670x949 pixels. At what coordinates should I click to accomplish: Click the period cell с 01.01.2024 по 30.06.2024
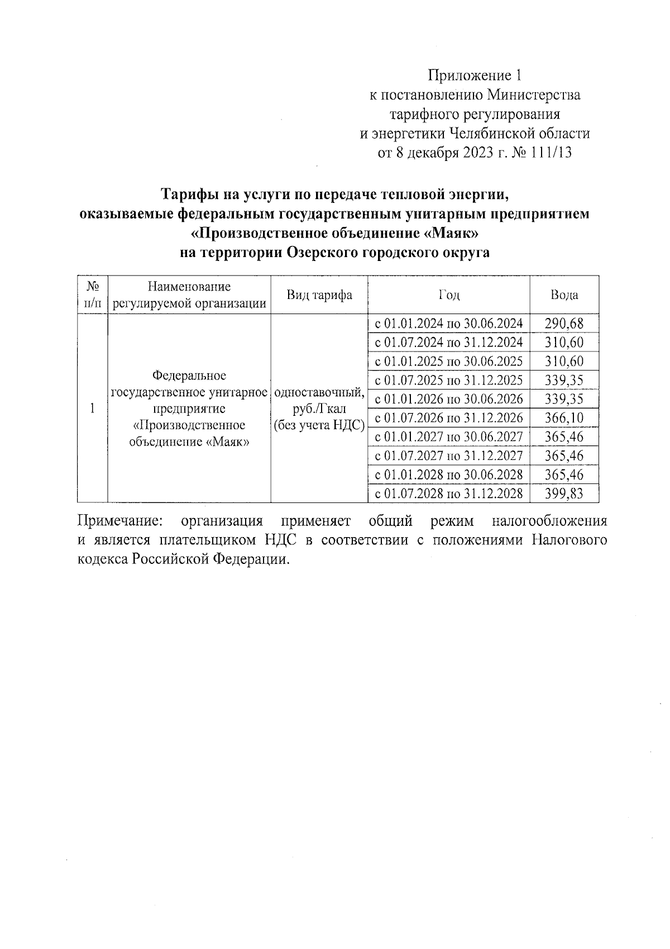pyautogui.click(x=449, y=324)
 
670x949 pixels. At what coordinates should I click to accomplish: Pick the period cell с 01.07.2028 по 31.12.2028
pyautogui.click(x=449, y=494)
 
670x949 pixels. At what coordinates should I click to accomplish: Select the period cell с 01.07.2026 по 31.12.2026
pyautogui.click(x=449, y=418)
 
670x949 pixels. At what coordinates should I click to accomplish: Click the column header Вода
pyautogui.click(x=564, y=295)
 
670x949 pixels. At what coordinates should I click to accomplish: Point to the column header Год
pyautogui.click(x=449, y=295)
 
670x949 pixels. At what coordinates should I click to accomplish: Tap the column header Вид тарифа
pyautogui.click(x=319, y=295)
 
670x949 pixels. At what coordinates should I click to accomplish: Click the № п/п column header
pyautogui.click(x=93, y=295)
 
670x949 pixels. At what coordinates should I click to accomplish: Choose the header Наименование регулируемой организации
pyautogui.click(x=189, y=295)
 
